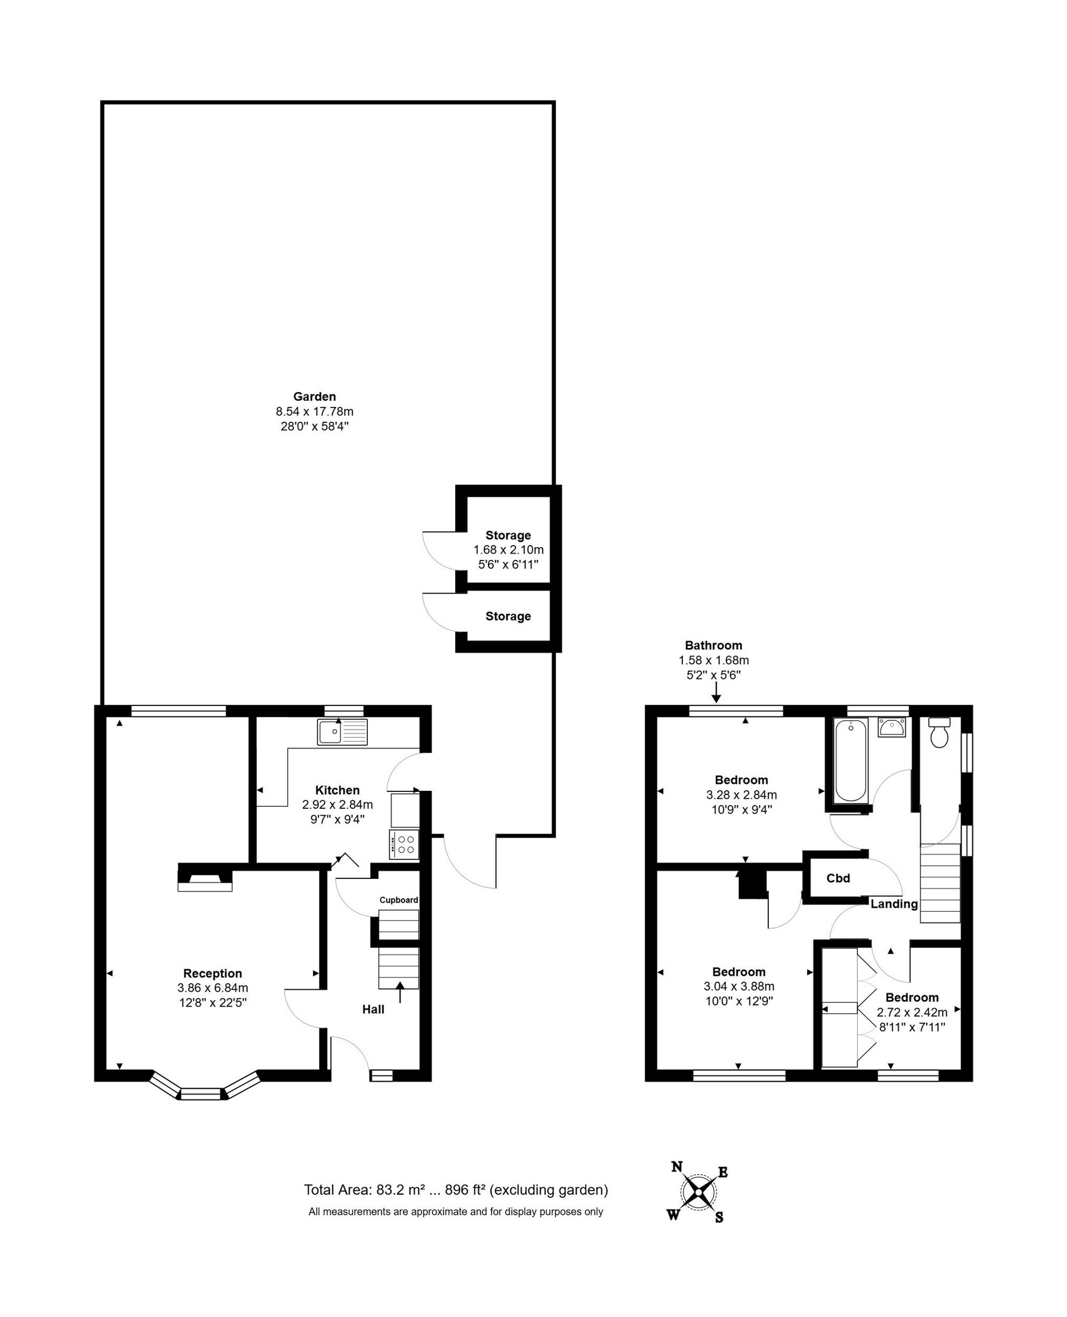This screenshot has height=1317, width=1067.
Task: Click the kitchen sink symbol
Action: coord(342,732)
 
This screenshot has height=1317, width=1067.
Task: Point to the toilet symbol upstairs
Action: coord(940,732)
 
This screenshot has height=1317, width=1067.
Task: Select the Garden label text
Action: coord(315,396)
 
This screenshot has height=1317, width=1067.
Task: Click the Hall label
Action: coord(373,1009)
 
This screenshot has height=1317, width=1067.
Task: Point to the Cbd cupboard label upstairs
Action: coord(838,878)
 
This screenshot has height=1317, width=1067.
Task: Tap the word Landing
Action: coord(894,904)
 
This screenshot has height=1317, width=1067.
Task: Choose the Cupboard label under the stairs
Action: coord(399,899)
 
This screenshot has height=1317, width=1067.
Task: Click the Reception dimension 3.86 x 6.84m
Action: coord(213,988)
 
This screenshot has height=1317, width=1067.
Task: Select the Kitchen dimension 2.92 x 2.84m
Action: coord(337,804)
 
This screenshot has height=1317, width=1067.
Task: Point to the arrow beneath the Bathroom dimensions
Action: coord(716,692)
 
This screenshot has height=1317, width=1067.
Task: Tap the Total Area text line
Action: coord(456,1190)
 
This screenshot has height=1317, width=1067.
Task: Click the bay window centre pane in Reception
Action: coord(200,1094)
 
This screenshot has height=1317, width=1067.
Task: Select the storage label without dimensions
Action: coord(508,616)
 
